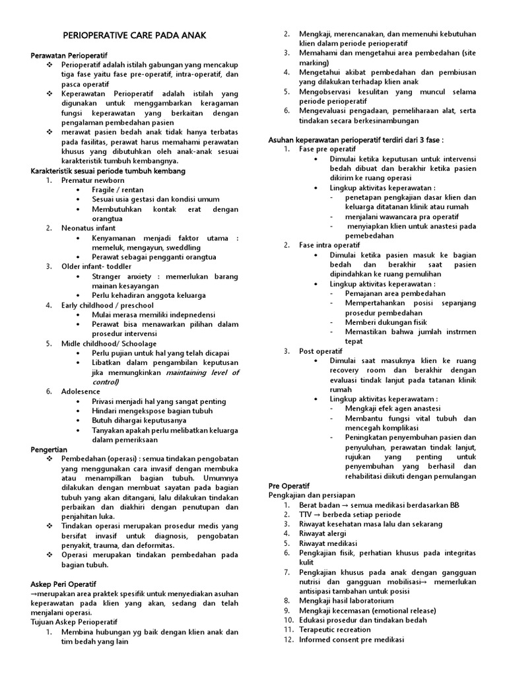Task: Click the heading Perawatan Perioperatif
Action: tap(69, 55)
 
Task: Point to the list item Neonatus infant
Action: tap(88, 228)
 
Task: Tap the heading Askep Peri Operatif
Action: tap(64, 584)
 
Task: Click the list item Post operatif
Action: tap(320, 351)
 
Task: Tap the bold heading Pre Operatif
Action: tap(288, 485)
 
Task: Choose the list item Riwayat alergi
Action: tap(325, 533)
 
